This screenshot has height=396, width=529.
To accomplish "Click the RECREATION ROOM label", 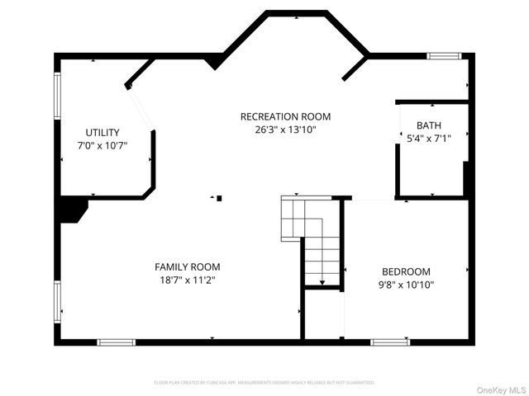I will (x=285, y=116).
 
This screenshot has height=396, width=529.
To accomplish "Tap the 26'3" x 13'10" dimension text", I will (x=285, y=130).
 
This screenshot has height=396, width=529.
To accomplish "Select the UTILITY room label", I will (x=102, y=133).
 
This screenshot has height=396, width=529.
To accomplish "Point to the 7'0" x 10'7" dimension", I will (x=102, y=146).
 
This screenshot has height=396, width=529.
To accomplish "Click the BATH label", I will (x=428, y=126).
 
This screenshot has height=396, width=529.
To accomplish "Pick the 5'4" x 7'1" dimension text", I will (x=428, y=139).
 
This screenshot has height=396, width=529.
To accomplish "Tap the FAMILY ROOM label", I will (x=188, y=267).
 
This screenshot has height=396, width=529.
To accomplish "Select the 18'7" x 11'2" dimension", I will (x=188, y=280).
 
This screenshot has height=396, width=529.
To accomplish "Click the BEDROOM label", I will (x=406, y=272).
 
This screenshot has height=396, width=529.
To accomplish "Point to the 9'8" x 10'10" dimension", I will (x=406, y=285).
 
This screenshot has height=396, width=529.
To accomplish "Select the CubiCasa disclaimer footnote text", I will (x=264, y=383).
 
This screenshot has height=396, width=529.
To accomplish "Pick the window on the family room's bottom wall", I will (x=116, y=342).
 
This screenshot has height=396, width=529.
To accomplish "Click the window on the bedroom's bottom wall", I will (x=389, y=342).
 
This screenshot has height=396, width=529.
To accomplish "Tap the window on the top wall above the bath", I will (x=444, y=56).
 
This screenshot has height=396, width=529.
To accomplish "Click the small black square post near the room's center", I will (x=219, y=198).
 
